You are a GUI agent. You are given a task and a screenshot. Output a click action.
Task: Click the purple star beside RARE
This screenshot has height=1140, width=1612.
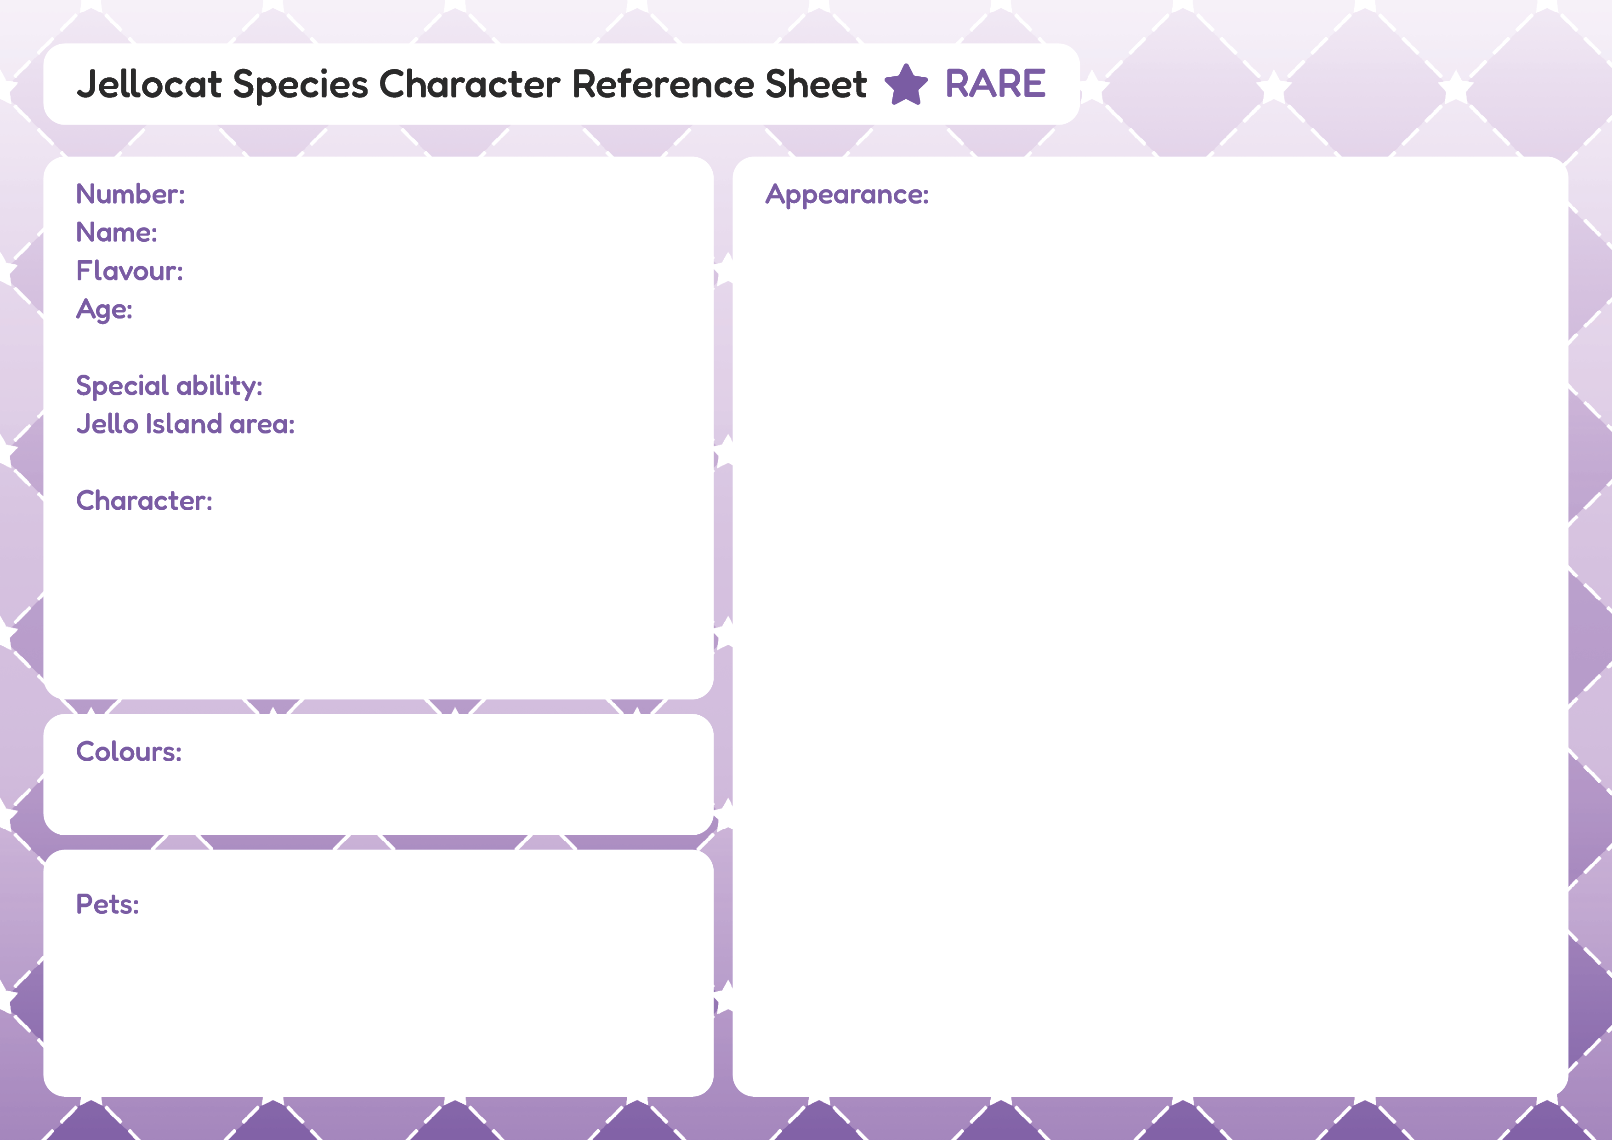point(906,85)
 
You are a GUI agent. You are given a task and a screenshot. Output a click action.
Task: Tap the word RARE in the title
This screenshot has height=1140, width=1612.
point(996,84)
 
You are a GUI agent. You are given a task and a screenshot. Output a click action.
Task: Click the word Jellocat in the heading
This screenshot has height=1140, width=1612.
point(149,84)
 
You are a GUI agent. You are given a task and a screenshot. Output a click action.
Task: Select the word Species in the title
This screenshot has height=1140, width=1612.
point(301,85)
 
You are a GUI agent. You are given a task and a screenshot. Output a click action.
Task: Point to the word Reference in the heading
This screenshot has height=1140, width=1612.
point(664,84)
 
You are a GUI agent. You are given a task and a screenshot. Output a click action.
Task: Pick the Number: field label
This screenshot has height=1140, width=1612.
point(131,194)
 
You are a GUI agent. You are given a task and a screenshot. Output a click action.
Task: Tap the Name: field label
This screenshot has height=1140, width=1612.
point(117,233)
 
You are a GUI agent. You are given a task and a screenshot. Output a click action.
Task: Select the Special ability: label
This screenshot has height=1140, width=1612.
point(169,386)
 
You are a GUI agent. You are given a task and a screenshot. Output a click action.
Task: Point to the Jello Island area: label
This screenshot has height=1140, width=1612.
point(185,424)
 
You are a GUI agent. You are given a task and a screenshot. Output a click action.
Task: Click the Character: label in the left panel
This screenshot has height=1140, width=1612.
point(144,501)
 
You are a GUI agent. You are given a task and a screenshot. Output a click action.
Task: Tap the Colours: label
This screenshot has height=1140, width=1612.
point(129,752)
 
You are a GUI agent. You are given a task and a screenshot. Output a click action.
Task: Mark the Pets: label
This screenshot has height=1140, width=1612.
point(108,905)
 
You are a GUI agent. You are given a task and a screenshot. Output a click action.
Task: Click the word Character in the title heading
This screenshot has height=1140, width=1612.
point(470,84)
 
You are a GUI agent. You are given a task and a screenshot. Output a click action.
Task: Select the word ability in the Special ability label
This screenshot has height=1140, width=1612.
point(220,386)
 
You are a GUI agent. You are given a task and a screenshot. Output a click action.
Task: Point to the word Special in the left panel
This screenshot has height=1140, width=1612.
point(122,386)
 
